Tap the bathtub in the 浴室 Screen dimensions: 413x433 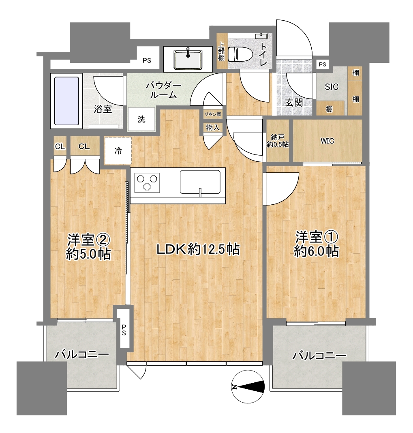pos(66,101)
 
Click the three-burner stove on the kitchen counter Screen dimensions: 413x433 pos(147,182)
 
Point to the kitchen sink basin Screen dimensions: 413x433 pos(200,182)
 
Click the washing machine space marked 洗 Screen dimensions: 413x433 pos(141,119)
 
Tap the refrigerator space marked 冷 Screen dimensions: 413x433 pos(118,151)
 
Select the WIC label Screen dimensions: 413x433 pos(327,141)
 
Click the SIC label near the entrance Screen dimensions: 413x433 pos(332,87)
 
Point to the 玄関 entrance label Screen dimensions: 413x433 pos(294,103)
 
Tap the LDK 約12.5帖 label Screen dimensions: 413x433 pos(198,249)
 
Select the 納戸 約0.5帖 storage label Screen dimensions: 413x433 pos(278,141)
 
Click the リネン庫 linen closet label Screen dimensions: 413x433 pos(212,114)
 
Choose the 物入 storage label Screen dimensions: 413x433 pos(213,128)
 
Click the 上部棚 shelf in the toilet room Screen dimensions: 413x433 pos(221,51)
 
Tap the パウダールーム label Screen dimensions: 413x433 pos(163,90)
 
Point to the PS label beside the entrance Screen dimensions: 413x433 pos(323,64)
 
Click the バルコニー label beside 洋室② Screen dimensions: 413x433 pos(82,355)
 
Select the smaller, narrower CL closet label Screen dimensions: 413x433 pos(60,146)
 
